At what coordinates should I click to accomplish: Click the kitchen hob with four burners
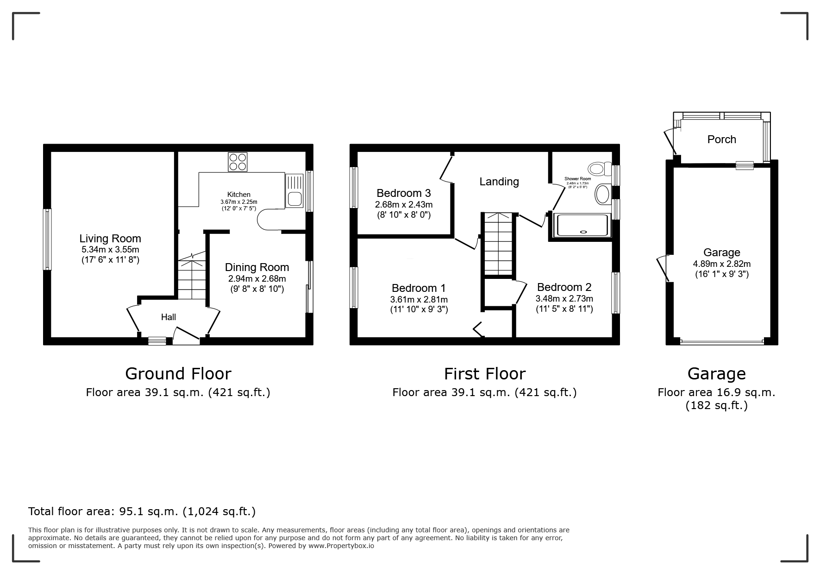[x=238, y=162]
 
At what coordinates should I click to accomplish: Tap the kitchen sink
[x=294, y=191]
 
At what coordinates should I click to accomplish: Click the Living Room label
[x=110, y=239]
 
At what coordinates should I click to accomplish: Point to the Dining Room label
[x=257, y=267]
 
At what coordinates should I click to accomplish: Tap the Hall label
[x=169, y=317]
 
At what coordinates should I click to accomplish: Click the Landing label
[x=499, y=182]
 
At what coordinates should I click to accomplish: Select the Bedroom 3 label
[x=404, y=193]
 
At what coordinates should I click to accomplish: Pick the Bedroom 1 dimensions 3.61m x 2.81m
[x=419, y=300]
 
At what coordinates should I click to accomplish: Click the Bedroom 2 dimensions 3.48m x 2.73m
[x=564, y=299]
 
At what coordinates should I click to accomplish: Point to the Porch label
[x=722, y=139]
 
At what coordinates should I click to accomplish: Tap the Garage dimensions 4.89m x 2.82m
[x=722, y=264]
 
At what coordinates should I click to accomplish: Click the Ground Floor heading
[x=178, y=373]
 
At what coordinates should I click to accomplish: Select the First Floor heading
[x=485, y=373]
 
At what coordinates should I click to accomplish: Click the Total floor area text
[x=142, y=511]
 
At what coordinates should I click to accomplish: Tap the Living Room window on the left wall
[x=47, y=239]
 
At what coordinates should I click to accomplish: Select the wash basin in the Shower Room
[x=602, y=194]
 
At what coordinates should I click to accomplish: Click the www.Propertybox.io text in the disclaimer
[x=341, y=546]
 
